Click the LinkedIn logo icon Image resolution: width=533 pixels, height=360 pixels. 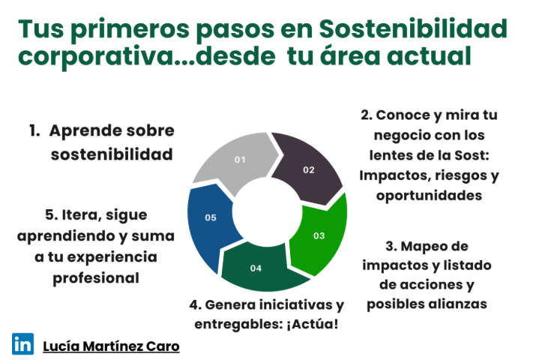point(22,343)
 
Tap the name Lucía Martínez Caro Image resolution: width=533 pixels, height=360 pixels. point(111,346)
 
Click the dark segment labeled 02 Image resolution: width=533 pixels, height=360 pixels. point(307,167)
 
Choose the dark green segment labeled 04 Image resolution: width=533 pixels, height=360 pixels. point(262,268)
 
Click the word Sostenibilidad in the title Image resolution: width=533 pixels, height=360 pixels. point(413,29)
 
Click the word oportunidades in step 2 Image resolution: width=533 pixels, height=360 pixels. point(429,196)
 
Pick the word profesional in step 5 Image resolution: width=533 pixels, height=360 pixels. point(96,278)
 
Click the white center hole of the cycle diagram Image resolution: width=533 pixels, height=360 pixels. point(267,211)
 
